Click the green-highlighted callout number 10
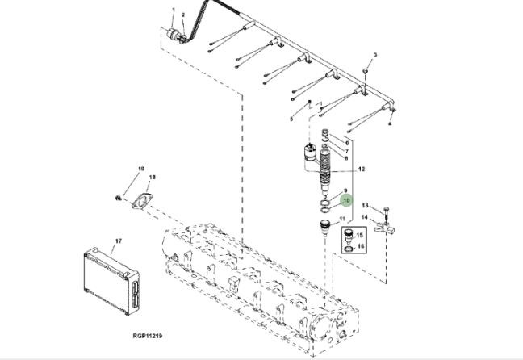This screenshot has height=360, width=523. [x=346, y=200]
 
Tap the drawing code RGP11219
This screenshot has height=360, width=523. [x=148, y=336]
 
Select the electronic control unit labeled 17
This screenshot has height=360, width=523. [x=111, y=281]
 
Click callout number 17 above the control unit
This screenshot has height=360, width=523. [x=119, y=241]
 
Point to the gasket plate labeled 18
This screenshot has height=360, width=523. [x=142, y=201]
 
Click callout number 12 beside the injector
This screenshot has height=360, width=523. [x=362, y=170]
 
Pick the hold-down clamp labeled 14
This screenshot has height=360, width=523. [x=384, y=229]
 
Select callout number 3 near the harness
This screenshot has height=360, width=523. [x=375, y=55]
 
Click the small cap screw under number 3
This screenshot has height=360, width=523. [x=366, y=71]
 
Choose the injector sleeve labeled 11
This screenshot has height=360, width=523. [x=325, y=227]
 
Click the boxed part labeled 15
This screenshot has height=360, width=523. [x=349, y=236]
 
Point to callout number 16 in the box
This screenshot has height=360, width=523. [x=360, y=246]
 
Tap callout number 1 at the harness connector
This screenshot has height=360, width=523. [x=174, y=10]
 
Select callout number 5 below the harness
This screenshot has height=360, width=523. [x=291, y=119]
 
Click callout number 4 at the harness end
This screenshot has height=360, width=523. [x=390, y=123]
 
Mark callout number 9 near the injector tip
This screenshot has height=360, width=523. [x=346, y=190]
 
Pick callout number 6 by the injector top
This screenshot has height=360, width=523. [x=347, y=143]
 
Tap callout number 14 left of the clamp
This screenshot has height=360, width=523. [x=365, y=217]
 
